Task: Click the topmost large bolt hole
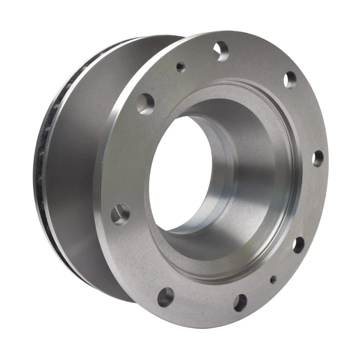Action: (221, 51)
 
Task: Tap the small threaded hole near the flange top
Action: (180, 67)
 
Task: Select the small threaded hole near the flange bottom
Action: (273, 279)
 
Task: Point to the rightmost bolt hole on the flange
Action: (318, 159)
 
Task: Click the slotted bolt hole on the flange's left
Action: (121, 214)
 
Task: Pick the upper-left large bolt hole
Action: (145, 104)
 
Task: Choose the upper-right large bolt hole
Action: (290, 80)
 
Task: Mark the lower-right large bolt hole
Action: (298, 245)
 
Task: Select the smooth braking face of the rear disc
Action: (74, 164)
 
